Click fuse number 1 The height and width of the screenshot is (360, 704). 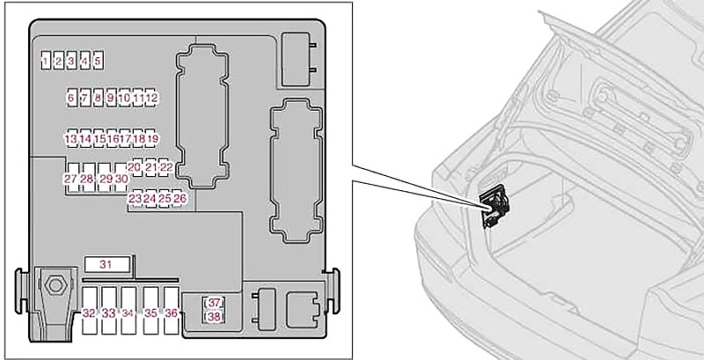[x=46, y=60]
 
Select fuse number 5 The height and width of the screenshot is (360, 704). [x=99, y=60]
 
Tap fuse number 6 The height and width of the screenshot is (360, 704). [x=71, y=97]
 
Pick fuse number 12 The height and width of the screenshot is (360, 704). [x=152, y=97]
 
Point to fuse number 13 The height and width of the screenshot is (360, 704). [x=71, y=139]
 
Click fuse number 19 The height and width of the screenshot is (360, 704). [x=152, y=139]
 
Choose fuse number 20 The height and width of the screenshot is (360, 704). [x=135, y=167]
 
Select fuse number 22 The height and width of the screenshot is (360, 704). [x=166, y=167]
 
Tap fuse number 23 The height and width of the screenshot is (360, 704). [x=135, y=198]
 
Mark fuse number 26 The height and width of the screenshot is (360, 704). [x=179, y=198]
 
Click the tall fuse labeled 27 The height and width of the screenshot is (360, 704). [x=71, y=178]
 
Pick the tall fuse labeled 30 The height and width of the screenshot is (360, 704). [x=121, y=178]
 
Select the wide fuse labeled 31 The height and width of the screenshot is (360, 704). [x=107, y=264]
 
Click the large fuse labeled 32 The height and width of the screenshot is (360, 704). [x=90, y=310]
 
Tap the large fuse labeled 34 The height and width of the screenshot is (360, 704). [x=128, y=310]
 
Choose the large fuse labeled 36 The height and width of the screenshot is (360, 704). [x=171, y=310]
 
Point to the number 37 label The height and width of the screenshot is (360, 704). [x=215, y=303]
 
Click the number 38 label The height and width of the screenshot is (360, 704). [x=215, y=317]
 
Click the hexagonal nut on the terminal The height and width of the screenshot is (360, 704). [x=55, y=284]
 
